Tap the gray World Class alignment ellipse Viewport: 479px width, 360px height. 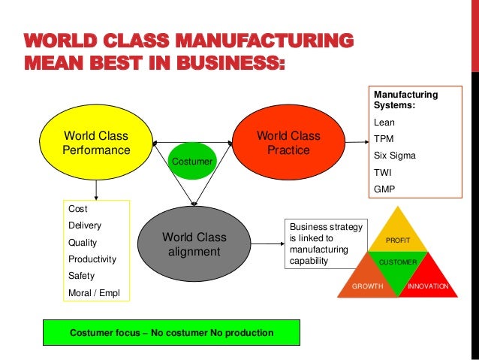194,244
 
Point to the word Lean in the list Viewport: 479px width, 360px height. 384,123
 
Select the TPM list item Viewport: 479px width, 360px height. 384,139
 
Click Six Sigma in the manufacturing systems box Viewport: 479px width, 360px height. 394,156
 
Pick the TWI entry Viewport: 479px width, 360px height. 383,172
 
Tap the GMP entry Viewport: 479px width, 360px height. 384,189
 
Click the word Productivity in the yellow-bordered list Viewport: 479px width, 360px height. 92,259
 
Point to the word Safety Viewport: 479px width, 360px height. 81,276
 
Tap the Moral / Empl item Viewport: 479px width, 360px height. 93,292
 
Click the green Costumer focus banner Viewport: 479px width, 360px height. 171,332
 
